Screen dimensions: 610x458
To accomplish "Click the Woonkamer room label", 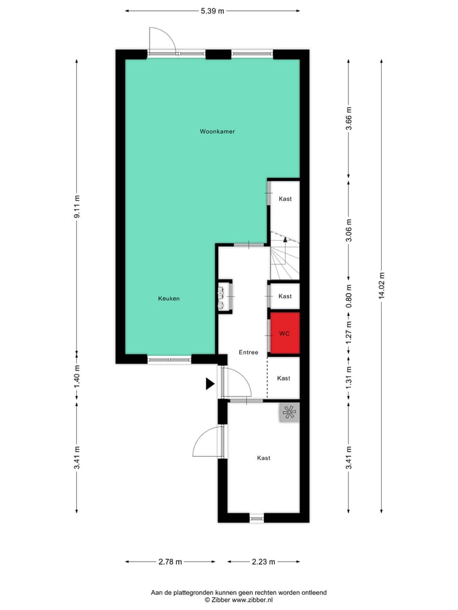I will (x=217, y=132).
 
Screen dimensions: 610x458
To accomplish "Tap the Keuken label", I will (x=169, y=298).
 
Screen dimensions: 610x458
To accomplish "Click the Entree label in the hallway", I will (x=248, y=352).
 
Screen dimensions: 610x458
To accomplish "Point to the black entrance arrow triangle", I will (x=209, y=383).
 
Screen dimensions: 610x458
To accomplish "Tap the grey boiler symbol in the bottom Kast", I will (x=289, y=413).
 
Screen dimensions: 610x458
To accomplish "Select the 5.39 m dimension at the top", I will (x=212, y=11).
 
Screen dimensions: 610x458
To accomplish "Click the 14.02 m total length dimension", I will (x=382, y=286).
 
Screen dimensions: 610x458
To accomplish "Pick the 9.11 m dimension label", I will (x=77, y=207).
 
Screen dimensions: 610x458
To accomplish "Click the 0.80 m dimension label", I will (x=348, y=296).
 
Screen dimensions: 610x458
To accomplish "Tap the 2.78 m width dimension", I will (x=169, y=562).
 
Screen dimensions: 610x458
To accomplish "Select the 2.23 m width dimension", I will (x=263, y=562).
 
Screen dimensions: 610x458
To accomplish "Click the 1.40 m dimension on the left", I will (x=77, y=376).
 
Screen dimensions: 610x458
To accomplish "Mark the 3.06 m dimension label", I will (x=348, y=229).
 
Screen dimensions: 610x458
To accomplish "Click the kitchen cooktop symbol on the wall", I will (x=222, y=297).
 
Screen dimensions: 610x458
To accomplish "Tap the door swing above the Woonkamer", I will (x=161, y=39).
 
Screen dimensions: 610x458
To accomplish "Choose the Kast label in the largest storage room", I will (x=263, y=457).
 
